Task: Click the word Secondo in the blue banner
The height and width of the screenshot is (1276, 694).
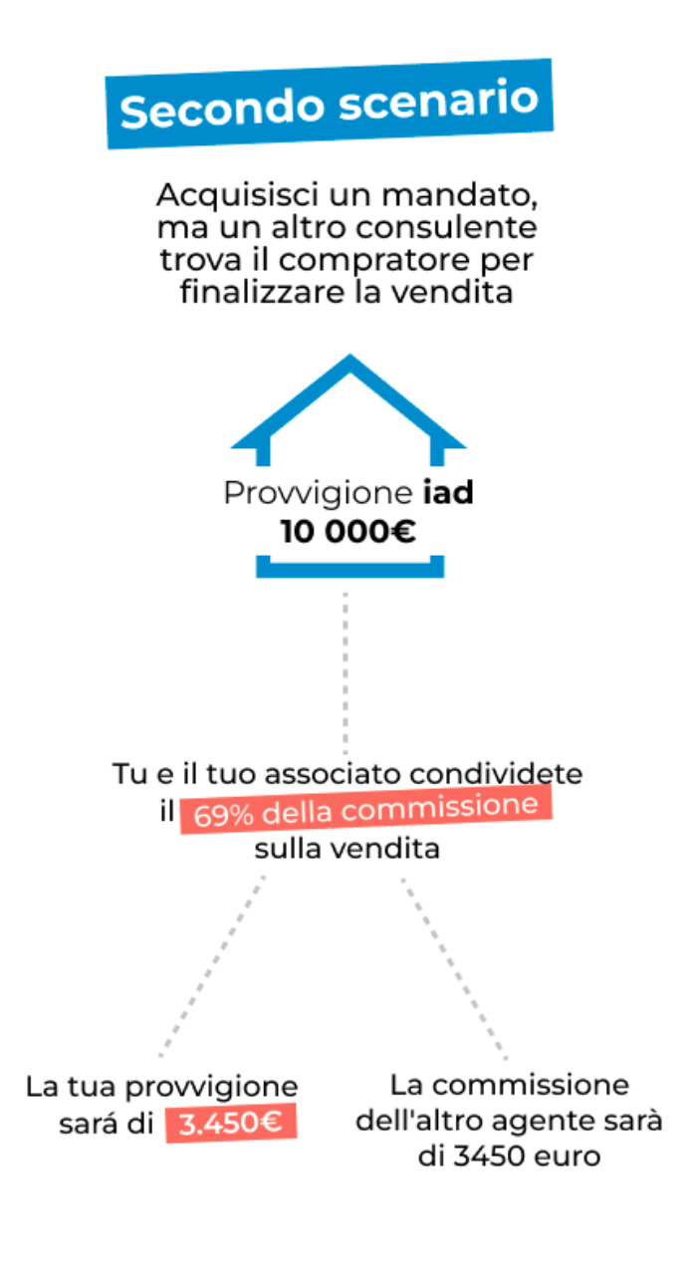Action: [x=222, y=108]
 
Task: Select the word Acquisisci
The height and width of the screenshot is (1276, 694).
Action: [x=237, y=195]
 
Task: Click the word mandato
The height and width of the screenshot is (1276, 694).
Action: [x=459, y=195]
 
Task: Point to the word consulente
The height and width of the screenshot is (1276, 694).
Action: [x=446, y=228]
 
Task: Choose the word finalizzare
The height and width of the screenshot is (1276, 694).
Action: [x=263, y=293]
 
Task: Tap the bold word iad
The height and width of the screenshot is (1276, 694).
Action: [x=448, y=492]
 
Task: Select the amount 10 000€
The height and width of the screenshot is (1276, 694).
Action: [x=347, y=532]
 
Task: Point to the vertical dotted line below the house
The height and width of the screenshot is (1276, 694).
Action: [x=346, y=673]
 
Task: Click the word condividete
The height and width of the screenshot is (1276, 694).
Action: [x=496, y=774]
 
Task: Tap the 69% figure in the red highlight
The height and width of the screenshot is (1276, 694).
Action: [x=223, y=815]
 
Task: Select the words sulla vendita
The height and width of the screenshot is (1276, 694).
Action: [x=347, y=849]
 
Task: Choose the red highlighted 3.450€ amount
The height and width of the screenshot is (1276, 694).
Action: [x=231, y=1123]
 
